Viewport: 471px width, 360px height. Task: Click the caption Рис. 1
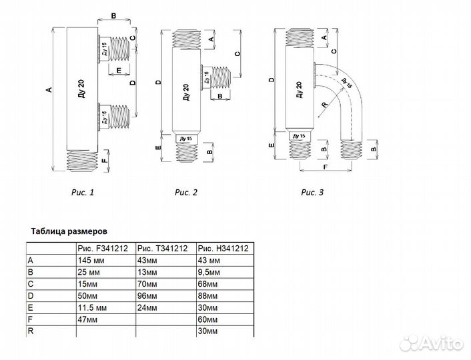83,193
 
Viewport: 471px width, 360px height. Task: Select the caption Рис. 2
187,193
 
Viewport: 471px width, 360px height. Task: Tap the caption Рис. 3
312,193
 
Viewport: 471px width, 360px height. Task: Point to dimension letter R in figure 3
323,105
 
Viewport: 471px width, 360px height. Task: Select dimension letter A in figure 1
48,91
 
